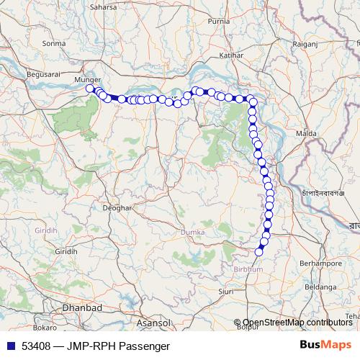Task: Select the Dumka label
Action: pyautogui.click(x=193, y=233)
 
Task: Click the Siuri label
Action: pyautogui.click(x=227, y=292)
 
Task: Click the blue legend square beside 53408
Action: pyautogui.click(x=11, y=346)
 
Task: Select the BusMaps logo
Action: pyautogui.click(x=325, y=345)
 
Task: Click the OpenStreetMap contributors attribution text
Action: pyautogui.click(x=297, y=322)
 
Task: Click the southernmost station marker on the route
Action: pyautogui.click(x=259, y=251)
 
